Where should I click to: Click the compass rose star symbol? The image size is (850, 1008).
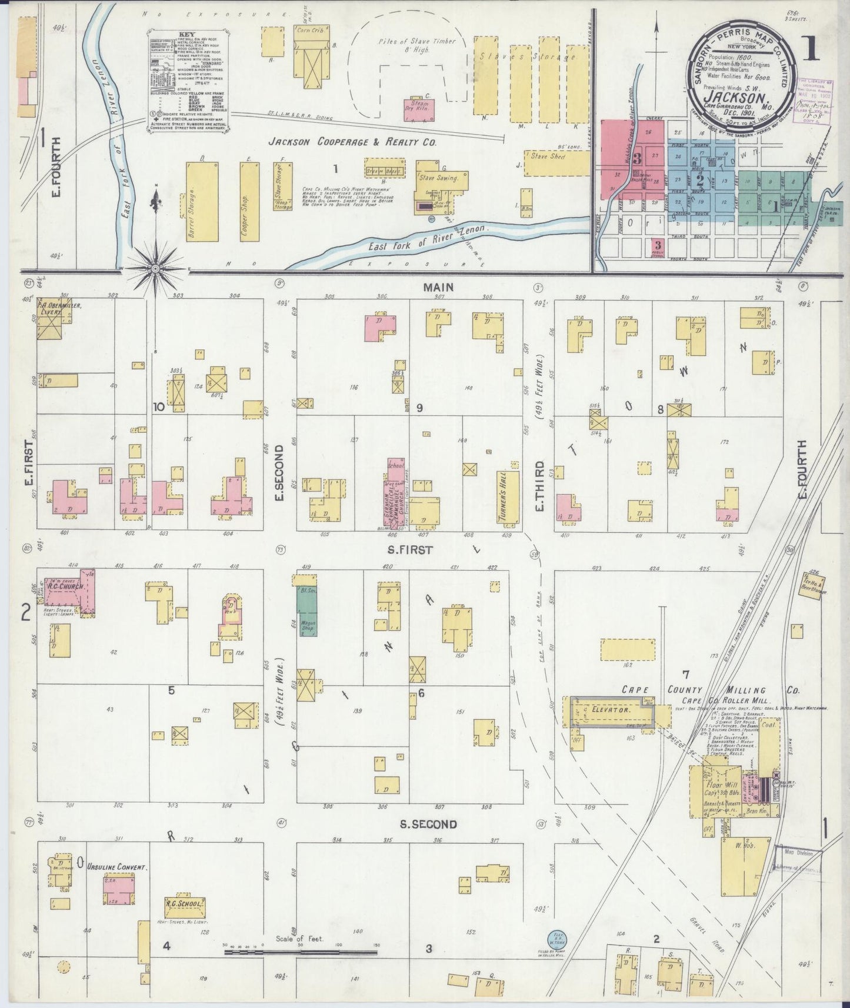(x=155, y=269)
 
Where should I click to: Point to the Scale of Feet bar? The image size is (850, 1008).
(x=301, y=952)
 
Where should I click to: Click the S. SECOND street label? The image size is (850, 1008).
(x=428, y=825)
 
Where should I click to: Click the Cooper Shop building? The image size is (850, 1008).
(x=249, y=202)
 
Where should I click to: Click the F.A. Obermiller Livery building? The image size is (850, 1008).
(x=54, y=318)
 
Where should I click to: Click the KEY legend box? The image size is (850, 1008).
(x=187, y=83)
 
